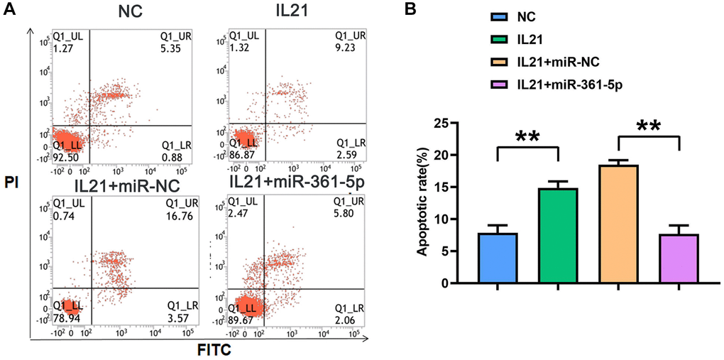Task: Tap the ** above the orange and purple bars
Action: click(x=649, y=127)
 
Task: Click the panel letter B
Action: click(x=411, y=9)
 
